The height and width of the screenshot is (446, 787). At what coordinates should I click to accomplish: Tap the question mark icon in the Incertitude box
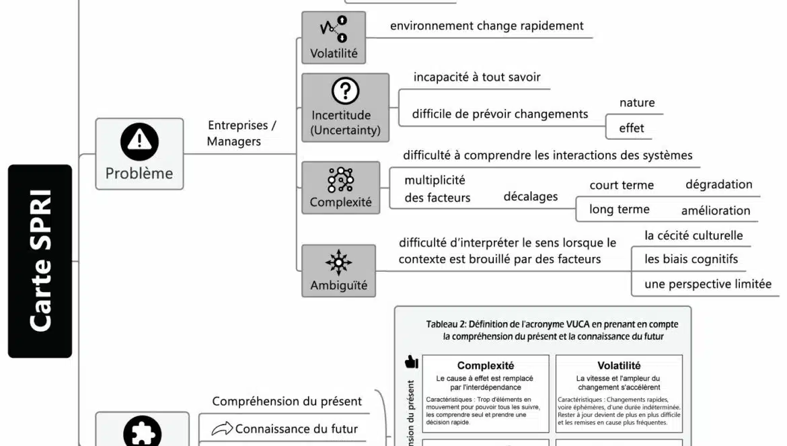pyautogui.click(x=345, y=91)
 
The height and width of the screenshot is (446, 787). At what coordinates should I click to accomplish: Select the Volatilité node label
pyautogui.click(x=334, y=53)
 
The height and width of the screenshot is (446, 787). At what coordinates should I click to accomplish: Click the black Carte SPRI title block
pyautogui.click(x=40, y=261)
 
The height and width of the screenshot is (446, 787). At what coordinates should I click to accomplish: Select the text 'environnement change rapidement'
pyautogui.click(x=486, y=26)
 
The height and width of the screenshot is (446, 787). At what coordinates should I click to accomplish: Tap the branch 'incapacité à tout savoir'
pyautogui.click(x=477, y=77)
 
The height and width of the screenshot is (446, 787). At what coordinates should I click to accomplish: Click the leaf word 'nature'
pyautogui.click(x=636, y=103)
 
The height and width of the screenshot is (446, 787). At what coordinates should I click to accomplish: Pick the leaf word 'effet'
pyautogui.click(x=631, y=128)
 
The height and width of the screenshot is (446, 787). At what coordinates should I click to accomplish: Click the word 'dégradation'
pyautogui.click(x=718, y=184)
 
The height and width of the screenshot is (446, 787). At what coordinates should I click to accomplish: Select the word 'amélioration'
pyautogui.click(x=715, y=211)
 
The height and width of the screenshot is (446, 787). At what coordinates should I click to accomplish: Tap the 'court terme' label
pyautogui.click(x=621, y=185)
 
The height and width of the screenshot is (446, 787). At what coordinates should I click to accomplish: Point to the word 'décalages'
pyautogui.click(x=530, y=196)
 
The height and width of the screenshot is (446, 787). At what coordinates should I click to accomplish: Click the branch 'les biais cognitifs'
pyautogui.click(x=691, y=259)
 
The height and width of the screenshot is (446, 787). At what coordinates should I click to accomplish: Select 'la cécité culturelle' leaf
pyautogui.click(x=693, y=235)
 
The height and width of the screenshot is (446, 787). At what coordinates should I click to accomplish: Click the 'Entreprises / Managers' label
pyautogui.click(x=241, y=133)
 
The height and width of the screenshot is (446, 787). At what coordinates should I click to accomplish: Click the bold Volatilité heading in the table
pyautogui.click(x=618, y=366)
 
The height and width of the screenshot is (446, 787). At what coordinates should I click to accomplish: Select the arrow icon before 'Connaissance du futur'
pyautogui.click(x=221, y=429)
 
